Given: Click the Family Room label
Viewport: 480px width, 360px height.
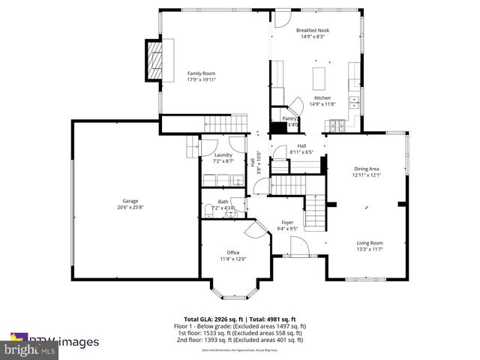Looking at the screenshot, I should point(201,73).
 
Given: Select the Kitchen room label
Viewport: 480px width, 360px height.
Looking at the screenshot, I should point(322,97).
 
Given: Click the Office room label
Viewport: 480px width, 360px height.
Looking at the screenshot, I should point(233,252).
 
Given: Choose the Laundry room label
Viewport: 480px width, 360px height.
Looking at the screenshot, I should point(223,155).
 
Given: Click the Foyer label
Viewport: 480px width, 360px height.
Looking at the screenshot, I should point(287,223).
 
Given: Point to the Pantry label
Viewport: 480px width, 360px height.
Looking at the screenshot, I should point(289,118).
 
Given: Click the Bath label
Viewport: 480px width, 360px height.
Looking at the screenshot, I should point(223,202).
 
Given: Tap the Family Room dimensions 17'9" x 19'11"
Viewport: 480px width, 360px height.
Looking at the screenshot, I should point(201,79).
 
